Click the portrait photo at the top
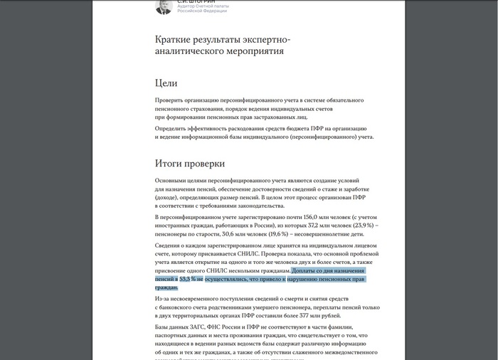[164, 6]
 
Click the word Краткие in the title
[173, 39]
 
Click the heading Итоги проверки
[190, 163]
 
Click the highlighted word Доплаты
[304, 271]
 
